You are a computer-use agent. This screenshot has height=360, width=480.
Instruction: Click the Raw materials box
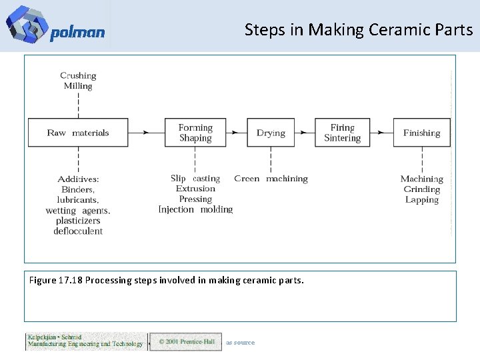tap(78, 133)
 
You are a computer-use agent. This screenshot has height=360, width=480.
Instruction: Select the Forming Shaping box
tap(195, 133)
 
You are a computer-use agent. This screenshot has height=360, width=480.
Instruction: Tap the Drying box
tap(271, 133)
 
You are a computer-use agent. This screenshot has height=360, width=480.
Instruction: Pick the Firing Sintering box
tap(342, 133)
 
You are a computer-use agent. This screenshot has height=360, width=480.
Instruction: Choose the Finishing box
tap(421, 133)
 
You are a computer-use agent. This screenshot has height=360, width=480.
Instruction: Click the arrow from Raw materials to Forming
tap(147, 133)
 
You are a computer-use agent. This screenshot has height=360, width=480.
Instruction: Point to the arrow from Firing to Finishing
tap(378, 133)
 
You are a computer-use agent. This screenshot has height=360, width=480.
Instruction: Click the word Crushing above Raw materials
tap(78, 76)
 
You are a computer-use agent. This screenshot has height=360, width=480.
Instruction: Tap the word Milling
tap(78, 86)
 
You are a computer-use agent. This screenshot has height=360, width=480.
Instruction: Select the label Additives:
tap(78, 179)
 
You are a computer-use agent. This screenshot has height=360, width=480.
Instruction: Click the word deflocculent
tap(78, 231)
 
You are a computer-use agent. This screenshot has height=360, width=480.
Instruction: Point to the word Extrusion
tap(195, 189)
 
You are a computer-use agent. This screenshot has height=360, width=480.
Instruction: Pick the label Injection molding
tap(195, 209)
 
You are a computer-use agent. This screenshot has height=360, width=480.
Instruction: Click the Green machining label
tap(271, 179)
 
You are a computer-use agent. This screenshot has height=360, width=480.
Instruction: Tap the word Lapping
tap(421, 200)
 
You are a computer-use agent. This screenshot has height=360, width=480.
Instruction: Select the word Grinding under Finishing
tap(421, 189)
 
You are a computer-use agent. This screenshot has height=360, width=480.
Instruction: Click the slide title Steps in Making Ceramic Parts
tap(358, 30)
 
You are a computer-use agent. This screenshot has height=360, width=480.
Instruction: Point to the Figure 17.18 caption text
tap(166, 281)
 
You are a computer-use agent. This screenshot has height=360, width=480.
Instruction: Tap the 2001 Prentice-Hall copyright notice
tap(186, 342)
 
